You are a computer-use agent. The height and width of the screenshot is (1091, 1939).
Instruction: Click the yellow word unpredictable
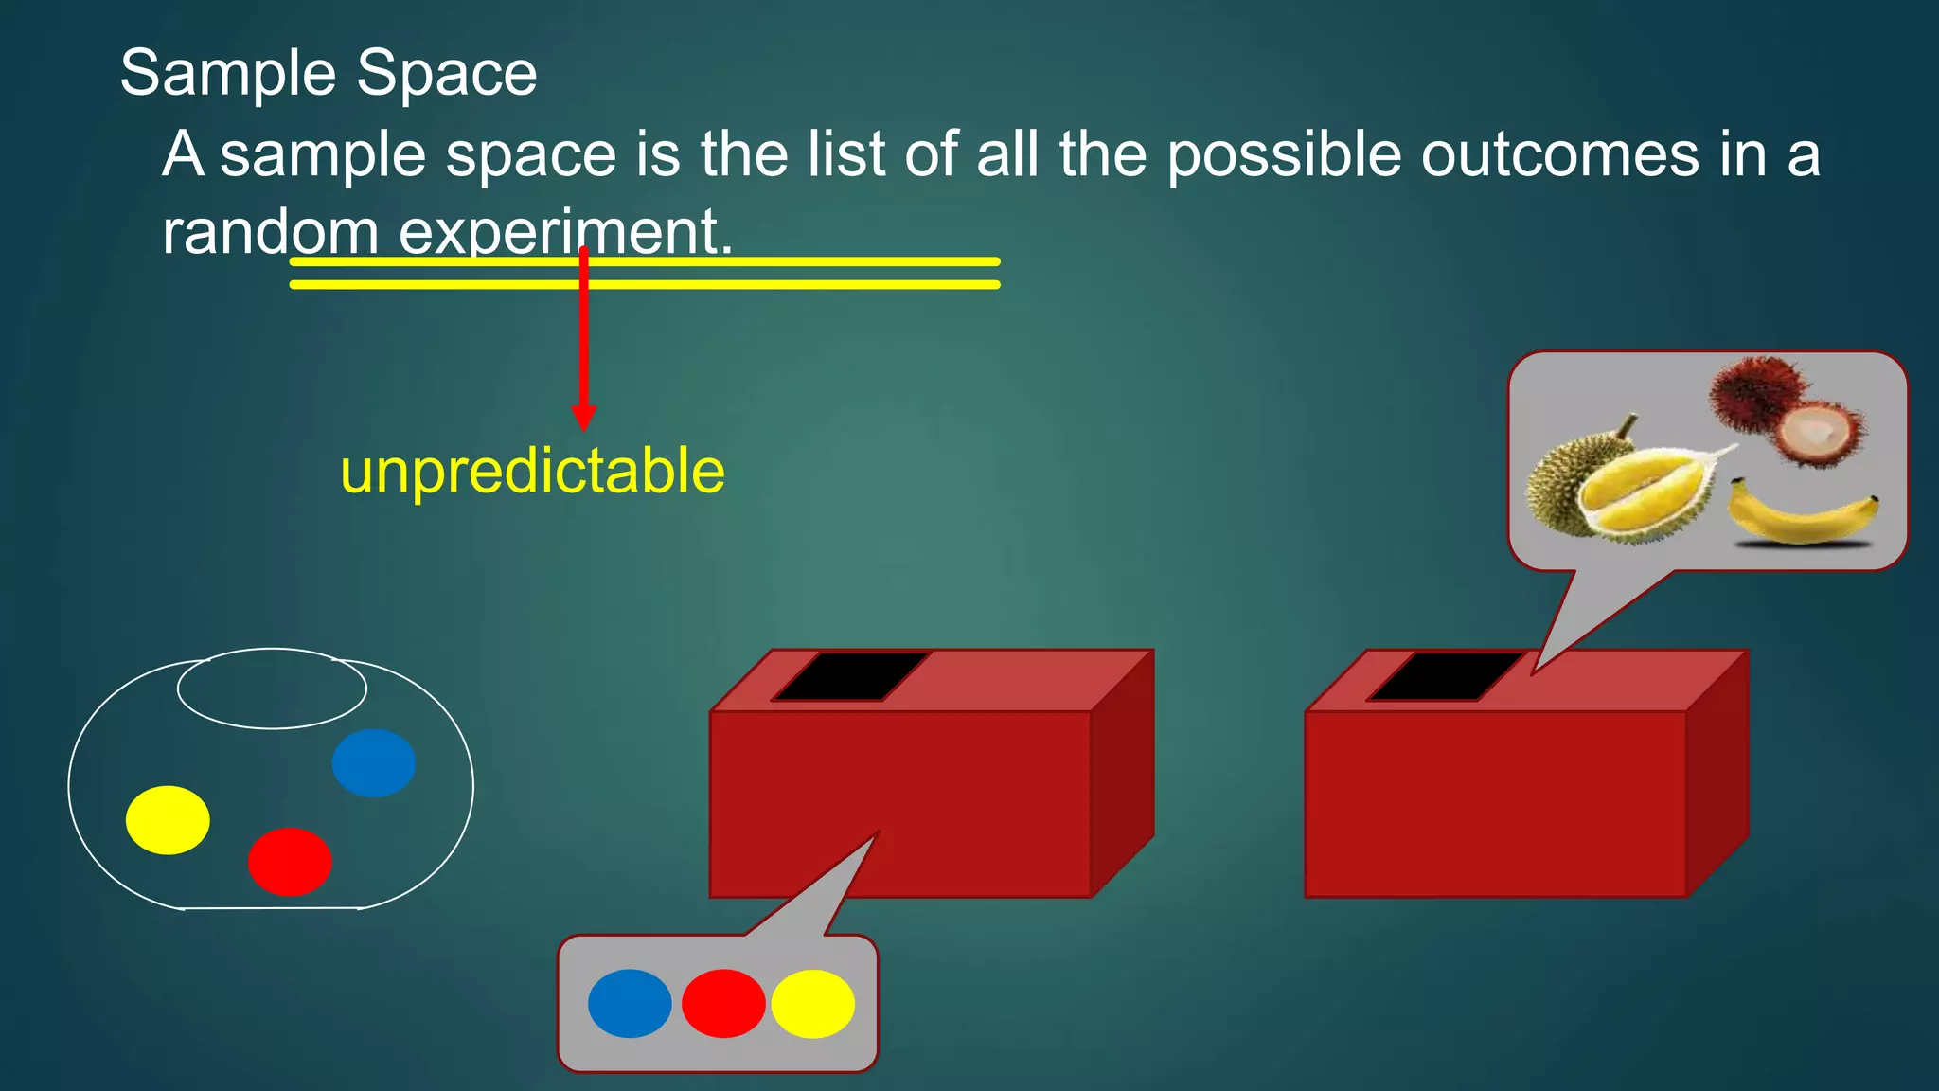[x=532, y=471]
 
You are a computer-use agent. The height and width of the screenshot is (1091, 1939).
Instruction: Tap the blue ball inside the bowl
[x=374, y=762]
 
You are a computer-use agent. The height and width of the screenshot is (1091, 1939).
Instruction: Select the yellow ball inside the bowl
[x=168, y=820]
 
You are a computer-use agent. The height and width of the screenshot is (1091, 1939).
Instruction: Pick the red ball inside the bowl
[x=290, y=862]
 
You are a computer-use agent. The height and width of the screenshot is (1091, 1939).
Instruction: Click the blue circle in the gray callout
[x=630, y=1003]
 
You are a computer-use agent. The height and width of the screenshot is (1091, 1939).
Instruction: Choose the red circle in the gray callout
[x=723, y=1003]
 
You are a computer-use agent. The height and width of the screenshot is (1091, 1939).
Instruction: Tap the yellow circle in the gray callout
[x=813, y=1003]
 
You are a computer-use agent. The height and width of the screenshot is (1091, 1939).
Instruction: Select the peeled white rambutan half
[x=1815, y=432]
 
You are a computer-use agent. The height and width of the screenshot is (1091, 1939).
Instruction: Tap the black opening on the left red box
[x=849, y=676]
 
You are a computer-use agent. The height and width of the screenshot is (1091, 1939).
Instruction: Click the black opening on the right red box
[x=1443, y=676]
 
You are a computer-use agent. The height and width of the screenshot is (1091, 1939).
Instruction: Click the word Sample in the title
[x=228, y=74]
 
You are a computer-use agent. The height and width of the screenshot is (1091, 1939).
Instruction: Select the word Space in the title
[x=447, y=74]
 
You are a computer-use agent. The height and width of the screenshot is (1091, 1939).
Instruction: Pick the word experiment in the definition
[x=565, y=233]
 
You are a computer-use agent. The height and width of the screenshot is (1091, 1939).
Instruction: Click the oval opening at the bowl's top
[x=272, y=689]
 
